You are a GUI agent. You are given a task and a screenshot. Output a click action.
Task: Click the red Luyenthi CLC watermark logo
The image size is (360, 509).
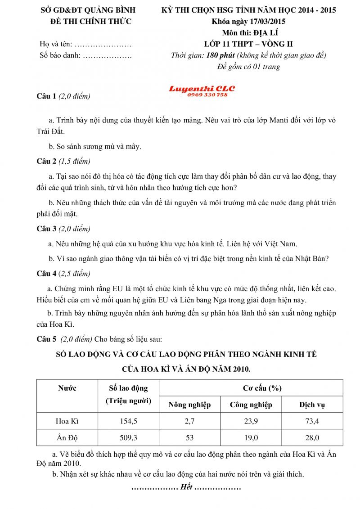(x=202, y=89)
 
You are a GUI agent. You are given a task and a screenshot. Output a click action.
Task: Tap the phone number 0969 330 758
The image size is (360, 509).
(x=205, y=95)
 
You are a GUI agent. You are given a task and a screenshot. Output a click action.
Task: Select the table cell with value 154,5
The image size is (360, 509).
(x=128, y=421)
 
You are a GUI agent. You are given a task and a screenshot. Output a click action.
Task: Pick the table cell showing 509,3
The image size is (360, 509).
(x=128, y=437)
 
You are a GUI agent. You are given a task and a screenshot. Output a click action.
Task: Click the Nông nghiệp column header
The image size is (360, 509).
(x=189, y=405)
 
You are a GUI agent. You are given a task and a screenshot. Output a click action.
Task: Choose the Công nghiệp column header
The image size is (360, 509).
(x=251, y=405)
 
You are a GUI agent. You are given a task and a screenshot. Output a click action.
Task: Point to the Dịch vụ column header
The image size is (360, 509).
(x=312, y=405)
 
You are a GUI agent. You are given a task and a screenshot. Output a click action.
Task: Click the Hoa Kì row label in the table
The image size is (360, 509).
(x=67, y=421)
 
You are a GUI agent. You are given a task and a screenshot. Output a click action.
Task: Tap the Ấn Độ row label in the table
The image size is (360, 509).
(x=67, y=437)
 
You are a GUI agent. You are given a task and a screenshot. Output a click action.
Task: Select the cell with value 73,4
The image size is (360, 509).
(x=312, y=421)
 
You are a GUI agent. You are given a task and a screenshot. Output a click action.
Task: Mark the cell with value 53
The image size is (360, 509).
(x=189, y=437)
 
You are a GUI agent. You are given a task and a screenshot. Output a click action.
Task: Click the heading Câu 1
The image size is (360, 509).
(x=46, y=96)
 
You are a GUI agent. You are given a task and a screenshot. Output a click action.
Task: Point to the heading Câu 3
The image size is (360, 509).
(x=46, y=229)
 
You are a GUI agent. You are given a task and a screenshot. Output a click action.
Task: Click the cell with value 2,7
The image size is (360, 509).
(x=189, y=421)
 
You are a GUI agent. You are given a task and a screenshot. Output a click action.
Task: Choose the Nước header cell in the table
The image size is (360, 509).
(x=67, y=388)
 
